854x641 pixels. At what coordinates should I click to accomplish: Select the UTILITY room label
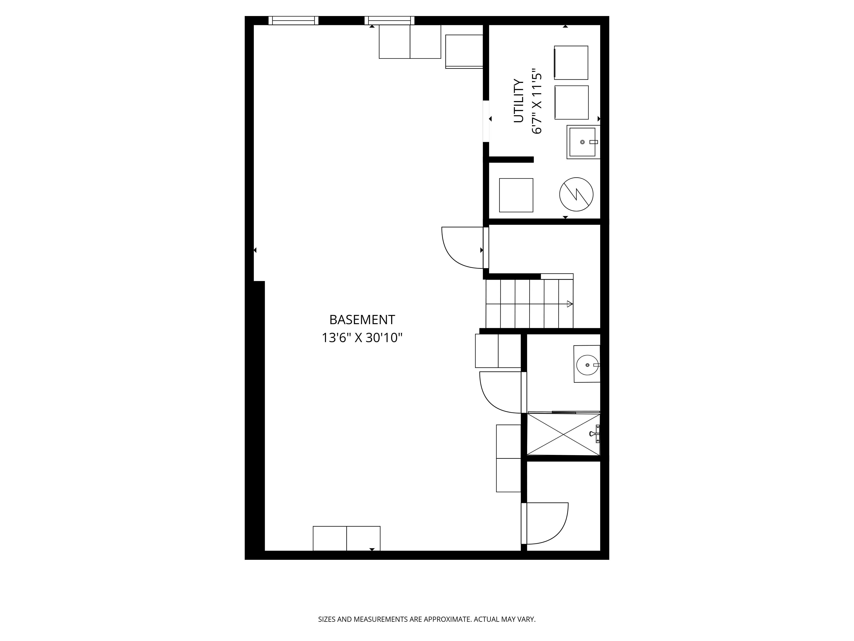pos(519,101)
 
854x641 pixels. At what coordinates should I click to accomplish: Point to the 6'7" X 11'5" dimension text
pos(537,101)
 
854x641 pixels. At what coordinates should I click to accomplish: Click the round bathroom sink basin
pos(588,365)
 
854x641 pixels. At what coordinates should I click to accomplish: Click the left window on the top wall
pos(293,21)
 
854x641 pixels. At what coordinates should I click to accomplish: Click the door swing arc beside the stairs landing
pos(459,249)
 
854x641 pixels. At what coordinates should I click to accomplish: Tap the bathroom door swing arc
pos(498,394)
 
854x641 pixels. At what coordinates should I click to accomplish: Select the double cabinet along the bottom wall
pos(346,538)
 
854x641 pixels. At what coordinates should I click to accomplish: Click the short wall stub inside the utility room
pos(511,160)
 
